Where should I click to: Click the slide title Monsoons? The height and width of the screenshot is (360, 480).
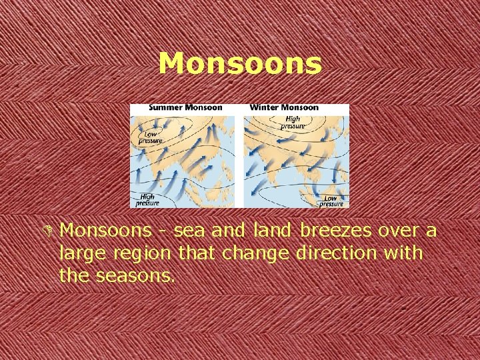(240, 64)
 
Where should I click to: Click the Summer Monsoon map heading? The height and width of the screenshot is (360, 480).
(185, 107)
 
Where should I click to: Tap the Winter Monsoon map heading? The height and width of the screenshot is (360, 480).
(284, 107)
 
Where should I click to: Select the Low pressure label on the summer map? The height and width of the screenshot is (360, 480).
(150, 137)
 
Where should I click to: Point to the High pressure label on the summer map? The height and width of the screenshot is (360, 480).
(147, 199)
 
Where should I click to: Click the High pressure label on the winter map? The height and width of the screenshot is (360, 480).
(291, 122)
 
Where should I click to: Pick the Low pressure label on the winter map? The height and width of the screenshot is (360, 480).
(331, 200)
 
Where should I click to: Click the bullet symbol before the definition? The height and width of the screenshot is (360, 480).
(49, 231)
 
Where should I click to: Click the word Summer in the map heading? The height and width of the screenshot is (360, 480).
(167, 107)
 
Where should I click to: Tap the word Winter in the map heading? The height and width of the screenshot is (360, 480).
(265, 107)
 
